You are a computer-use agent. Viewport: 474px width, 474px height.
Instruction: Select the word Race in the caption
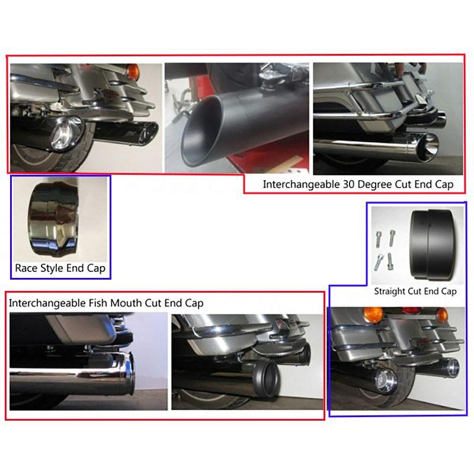tap(26, 268)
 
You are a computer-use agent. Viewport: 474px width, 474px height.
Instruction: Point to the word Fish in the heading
tap(97, 303)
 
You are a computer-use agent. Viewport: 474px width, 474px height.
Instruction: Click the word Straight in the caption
tap(390, 292)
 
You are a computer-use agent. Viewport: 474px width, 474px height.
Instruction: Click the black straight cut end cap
tap(433, 243)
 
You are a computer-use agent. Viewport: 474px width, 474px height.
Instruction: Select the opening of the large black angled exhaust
tap(202, 130)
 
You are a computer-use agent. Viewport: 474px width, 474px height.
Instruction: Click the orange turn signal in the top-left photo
tap(133, 72)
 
